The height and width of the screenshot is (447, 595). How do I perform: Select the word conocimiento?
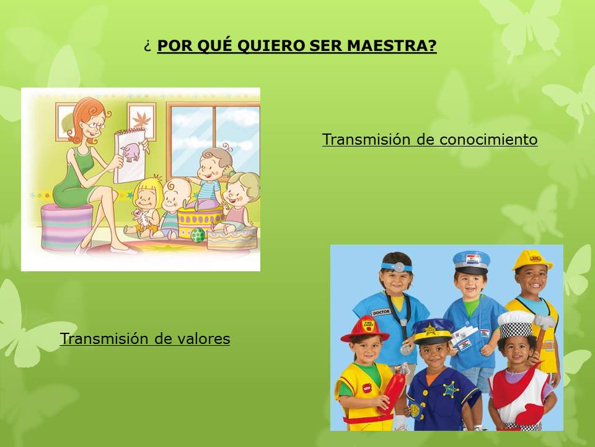489,139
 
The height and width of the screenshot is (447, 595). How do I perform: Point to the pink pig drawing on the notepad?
131,151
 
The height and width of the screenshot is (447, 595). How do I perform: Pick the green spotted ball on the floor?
198,235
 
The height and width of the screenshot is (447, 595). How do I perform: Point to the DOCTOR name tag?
381,312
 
